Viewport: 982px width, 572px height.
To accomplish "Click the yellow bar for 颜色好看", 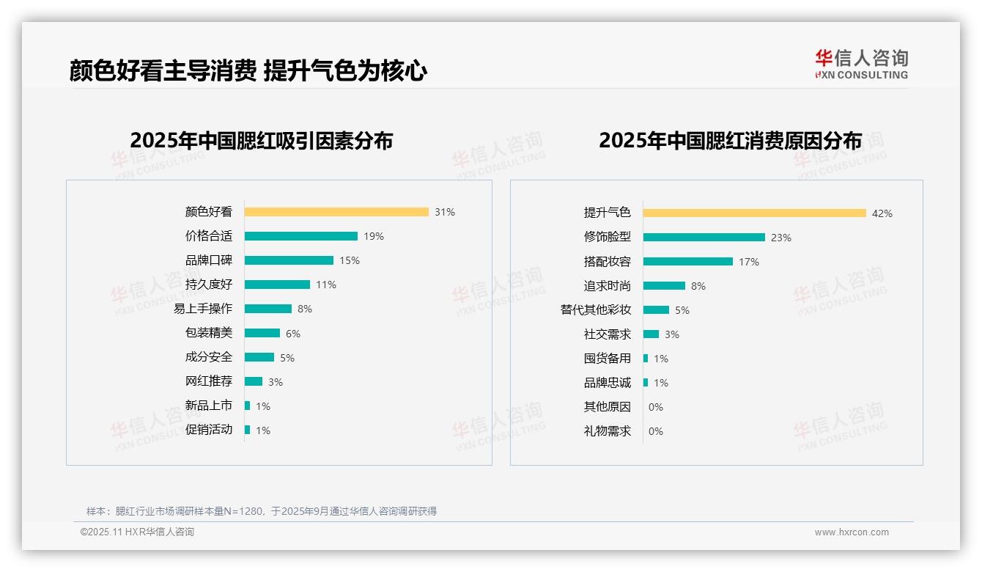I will pyautogui.click(x=336, y=212).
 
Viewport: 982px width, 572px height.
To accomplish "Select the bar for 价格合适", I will pyautogui.click(x=301, y=236).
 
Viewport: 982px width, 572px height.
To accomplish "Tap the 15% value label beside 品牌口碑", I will pyautogui.click(x=350, y=260).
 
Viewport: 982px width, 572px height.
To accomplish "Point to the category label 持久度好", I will pyautogui.click(x=209, y=285).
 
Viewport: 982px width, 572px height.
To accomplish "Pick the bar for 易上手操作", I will pyautogui.click(x=268, y=309).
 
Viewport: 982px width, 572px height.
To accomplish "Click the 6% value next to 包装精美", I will pyautogui.click(x=293, y=334).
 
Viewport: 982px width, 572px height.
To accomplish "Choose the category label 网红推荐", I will pyautogui.click(x=209, y=381).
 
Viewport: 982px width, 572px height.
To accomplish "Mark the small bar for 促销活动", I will pyautogui.click(x=248, y=430).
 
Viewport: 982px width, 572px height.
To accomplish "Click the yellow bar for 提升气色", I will pyautogui.click(x=755, y=213).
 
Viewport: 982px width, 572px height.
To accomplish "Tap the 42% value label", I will pyautogui.click(x=882, y=213).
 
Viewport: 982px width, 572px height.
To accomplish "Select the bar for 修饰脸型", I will pyautogui.click(x=704, y=238).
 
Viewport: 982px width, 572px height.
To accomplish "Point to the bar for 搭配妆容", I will pyautogui.click(x=688, y=262).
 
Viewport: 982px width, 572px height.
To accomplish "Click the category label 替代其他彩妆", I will pyautogui.click(x=596, y=310).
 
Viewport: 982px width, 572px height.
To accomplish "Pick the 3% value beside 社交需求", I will pyautogui.click(x=672, y=334).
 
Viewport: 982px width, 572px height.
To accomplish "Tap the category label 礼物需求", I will pyautogui.click(x=608, y=431).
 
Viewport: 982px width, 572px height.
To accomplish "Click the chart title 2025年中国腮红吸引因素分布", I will pyautogui.click(x=262, y=141).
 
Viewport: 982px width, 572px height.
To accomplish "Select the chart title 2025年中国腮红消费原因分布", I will pyautogui.click(x=730, y=141).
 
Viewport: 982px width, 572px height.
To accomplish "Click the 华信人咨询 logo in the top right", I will pyautogui.click(x=862, y=65).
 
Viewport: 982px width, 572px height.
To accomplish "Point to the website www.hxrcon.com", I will pyautogui.click(x=852, y=532).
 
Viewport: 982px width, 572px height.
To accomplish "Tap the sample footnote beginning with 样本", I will pyautogui.click(x=262, y=511).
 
